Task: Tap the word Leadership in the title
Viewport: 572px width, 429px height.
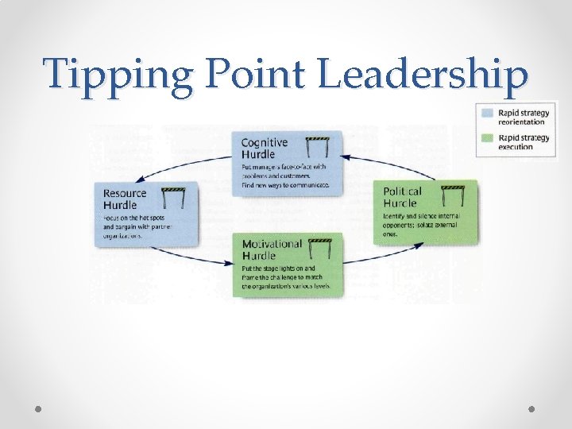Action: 424,75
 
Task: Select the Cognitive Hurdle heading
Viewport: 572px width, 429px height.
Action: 265,148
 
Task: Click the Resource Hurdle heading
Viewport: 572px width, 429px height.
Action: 125,199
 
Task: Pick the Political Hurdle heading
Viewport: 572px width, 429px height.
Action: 403,196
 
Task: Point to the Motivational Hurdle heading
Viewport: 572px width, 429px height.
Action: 272,249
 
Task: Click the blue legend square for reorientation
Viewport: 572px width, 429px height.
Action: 486,112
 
